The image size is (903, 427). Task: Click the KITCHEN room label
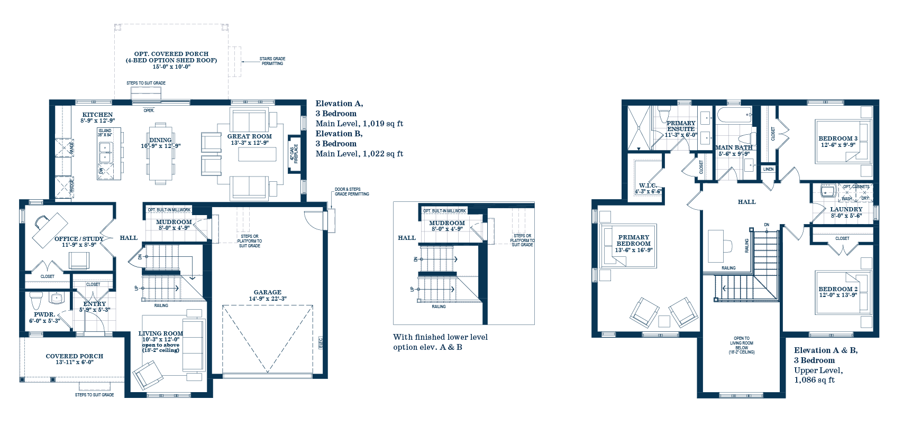tap(97, 115)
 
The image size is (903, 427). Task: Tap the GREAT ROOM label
tap(249, 136)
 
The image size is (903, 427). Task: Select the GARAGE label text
tap(267, 292)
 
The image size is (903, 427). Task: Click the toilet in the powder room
tap(36, 300)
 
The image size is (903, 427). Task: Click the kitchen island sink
tap(105, 152)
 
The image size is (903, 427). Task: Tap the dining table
tap(160, 153)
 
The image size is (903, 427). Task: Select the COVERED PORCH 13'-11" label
tap(74, 356)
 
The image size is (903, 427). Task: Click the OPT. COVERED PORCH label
tap(171, 54)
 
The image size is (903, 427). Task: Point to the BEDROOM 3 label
tap(838, 138)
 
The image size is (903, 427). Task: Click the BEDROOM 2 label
tap(838, 289)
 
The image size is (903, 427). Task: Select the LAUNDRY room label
tap(846, 209)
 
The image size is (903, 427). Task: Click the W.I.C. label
tap(647, 185)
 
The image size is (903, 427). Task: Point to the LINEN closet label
tap(768, 169)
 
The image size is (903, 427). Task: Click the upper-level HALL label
tap(746, 202)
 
